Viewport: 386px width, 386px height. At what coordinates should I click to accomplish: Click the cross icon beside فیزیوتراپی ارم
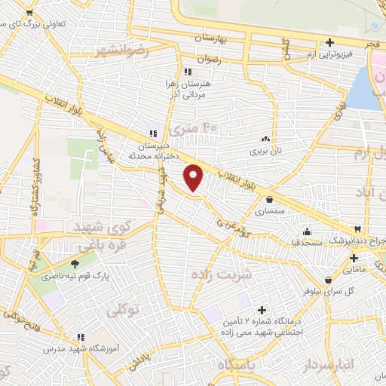329,43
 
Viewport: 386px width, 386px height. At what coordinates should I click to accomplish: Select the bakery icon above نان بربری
265,139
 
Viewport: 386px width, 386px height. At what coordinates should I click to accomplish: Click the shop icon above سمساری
269,199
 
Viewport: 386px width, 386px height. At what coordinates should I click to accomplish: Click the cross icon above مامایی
354,259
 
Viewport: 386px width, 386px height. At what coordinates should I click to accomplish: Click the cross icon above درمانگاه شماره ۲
262,310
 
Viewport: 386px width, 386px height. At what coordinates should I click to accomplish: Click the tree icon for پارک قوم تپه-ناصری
75,264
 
